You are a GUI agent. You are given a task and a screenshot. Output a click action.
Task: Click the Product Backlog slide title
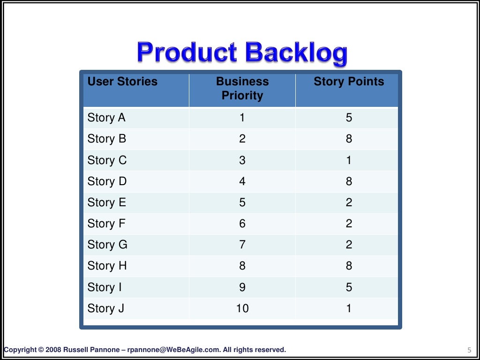(242, 52)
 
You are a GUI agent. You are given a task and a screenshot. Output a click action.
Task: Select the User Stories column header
(122, 82)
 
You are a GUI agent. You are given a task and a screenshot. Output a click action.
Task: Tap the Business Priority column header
(242, 88)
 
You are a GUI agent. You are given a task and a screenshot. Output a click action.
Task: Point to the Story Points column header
(349, 82)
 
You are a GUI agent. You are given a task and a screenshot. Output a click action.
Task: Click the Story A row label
(106, 118)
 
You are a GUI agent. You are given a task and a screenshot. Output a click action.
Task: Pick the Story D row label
(107, 181)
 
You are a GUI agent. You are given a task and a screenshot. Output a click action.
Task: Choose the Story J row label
(105, 308)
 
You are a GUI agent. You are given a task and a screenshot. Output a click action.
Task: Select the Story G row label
(107, 245)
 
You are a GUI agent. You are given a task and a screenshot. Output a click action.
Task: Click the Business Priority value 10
(242, 308)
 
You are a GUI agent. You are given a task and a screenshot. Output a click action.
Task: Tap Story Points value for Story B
(349, 139)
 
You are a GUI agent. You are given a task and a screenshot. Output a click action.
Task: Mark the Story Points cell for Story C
(349, 160)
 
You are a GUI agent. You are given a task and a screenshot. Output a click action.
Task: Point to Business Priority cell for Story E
(242, 202)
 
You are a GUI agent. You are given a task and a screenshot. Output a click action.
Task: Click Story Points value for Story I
(349, 287)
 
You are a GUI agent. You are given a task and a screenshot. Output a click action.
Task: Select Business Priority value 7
(242, 245)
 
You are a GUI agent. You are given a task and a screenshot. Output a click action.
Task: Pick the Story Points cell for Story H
(349, 266)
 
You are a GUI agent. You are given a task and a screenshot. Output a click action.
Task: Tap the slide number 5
(469, 350)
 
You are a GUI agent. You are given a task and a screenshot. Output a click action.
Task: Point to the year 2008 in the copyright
(53, 350)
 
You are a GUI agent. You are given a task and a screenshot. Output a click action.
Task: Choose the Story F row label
(106, 224)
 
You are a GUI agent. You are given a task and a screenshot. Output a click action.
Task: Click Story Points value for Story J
(349, 308)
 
